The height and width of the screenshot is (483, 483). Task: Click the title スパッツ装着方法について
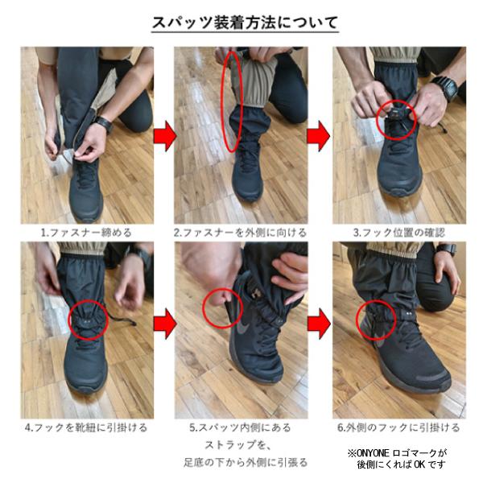click(x=246, y=23)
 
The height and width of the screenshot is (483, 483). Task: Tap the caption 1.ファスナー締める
click(x=87, y=233)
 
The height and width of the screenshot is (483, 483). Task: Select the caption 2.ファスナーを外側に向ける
click(x=240, y=233)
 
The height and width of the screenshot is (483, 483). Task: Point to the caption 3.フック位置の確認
click(x=399, y=233)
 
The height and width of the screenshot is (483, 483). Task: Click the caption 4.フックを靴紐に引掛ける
click(x=86, y=428)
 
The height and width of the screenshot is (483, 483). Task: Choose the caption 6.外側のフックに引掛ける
click(x=399, y=428)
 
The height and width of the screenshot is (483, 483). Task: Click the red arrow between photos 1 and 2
click(x=165, y=136)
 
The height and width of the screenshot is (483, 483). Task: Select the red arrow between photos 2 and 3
click(x=319, y=136)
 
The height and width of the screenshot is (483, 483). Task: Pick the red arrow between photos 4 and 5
click(x=165, y=324)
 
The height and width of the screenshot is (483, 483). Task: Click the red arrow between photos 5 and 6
click(x=319, y=324)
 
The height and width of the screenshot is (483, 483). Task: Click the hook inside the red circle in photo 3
click(x=395, y=114)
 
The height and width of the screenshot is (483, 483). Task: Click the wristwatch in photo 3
click(x=445, y=88)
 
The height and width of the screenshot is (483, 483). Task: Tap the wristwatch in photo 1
click(x=105, y=123)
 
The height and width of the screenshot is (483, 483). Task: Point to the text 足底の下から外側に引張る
click(x=246, y=462)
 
